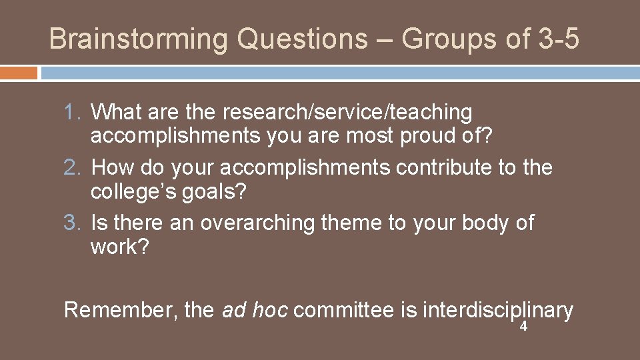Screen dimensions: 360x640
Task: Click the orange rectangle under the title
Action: [x=19, y=73]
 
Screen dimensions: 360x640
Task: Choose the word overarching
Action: [x=257, y=223]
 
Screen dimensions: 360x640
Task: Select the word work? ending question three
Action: [x=119, y=247]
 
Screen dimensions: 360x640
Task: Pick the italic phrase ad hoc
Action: [x=254, y=310]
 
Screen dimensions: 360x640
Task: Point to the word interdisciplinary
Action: [x=497, y=310]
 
